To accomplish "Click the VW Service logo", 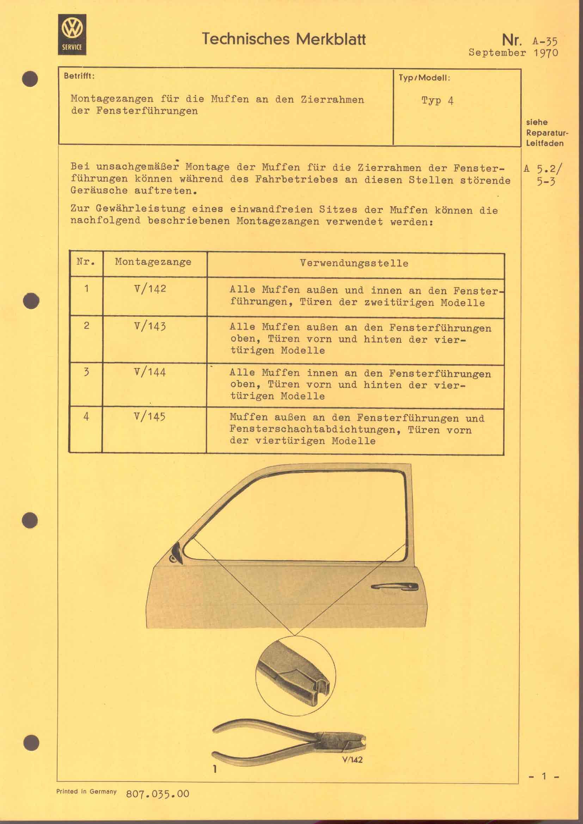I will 72,35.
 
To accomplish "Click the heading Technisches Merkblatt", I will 284,39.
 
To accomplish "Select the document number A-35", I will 545,41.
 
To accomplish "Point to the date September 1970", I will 513,53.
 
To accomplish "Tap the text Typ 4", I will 437,100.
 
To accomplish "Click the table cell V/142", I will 150,289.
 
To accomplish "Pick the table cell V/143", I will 150,326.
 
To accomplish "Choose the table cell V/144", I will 150,372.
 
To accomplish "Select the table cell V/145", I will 150,417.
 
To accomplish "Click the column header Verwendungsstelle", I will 354,263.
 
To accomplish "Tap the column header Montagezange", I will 153,262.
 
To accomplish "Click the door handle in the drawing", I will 394,587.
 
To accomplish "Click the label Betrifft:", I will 79,76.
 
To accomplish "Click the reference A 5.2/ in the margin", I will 543,169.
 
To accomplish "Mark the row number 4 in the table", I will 86,417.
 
